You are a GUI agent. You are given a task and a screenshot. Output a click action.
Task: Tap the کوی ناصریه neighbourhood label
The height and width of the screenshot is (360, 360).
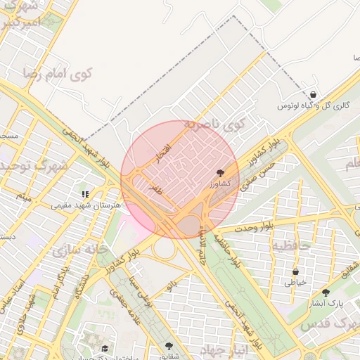214,124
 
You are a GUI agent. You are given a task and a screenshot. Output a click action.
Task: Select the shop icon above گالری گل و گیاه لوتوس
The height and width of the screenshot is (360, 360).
313,94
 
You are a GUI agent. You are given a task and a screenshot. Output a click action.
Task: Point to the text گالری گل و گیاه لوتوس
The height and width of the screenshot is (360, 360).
314,105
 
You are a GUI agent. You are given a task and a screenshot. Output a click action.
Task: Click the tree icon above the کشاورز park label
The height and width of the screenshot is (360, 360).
220,172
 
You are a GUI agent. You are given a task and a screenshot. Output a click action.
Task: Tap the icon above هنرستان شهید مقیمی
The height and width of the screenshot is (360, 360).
85,194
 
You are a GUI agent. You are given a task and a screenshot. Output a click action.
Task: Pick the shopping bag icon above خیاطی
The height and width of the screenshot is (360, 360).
295,271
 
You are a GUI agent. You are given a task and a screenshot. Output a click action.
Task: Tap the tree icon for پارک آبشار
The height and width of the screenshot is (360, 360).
326,293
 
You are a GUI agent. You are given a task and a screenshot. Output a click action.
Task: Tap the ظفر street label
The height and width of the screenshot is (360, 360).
155,188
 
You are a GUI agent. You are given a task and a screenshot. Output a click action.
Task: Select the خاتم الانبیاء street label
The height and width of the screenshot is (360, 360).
206,246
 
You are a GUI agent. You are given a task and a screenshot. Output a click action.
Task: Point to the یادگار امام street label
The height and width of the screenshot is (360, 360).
58,282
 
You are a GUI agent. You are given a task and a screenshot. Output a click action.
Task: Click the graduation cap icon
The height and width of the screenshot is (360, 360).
105,348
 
